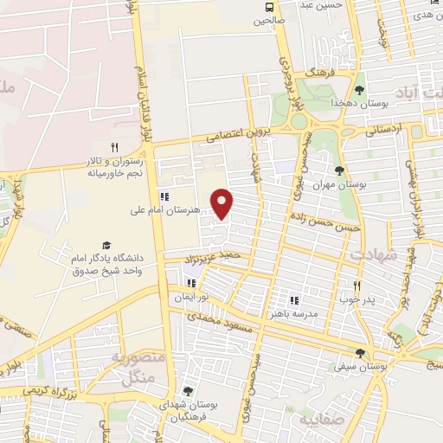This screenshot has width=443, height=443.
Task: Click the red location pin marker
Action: pyautogui.click(x=223, y=202)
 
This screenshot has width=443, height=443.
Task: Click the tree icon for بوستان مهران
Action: pyautogui.click(x=339, y=170)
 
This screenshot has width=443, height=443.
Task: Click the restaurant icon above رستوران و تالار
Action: pyautogui.click(x=114, y=147)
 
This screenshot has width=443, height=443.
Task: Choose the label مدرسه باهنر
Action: pyautogui.click(x=294, y=312)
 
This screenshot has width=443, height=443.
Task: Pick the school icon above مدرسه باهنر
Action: pyautogui.click(x=294, y=299)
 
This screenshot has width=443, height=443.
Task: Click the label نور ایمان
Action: pyautogui.click(x=192, y=296)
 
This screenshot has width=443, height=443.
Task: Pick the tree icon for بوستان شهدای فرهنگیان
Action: pyautogui.click(x=188, y=392)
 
